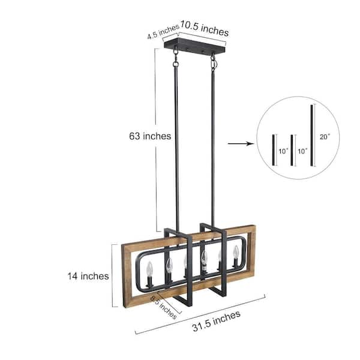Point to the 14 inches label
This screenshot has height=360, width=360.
(x=88, y=276)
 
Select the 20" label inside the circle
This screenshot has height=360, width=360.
(x=325, y=137)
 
